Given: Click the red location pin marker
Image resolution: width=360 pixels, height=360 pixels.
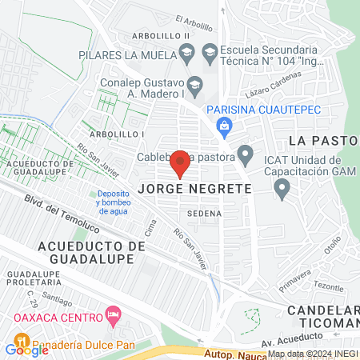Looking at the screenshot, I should pos(180,164).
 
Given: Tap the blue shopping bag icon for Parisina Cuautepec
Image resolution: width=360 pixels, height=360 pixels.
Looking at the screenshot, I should pos(225,124).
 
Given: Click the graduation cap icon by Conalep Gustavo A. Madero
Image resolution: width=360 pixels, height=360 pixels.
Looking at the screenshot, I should pos(194,84).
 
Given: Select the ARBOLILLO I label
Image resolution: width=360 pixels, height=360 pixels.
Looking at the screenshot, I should pos(118,134).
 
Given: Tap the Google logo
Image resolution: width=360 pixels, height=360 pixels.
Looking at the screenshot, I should pos(26,348).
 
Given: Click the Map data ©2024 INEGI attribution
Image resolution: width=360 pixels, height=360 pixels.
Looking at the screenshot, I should pos(313,354).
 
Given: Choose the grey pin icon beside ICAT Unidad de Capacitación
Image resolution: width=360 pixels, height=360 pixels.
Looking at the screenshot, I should pos(281,189).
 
